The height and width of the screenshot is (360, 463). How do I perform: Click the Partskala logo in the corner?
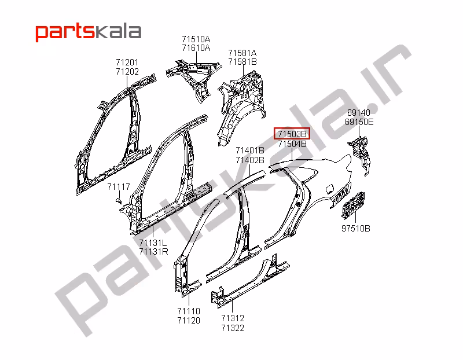click(89, 31)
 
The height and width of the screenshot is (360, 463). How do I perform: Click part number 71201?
click(127, 63)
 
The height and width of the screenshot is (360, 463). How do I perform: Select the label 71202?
click(127, 71)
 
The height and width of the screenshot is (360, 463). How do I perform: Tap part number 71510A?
click(196, 39)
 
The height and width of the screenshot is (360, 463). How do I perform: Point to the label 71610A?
click(196, 48)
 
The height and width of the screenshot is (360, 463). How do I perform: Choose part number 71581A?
click(242, 53)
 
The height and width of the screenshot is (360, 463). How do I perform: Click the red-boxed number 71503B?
click(292, 134)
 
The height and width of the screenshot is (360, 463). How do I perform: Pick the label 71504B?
click(292, 144)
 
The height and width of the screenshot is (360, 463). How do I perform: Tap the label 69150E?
click(360, 122)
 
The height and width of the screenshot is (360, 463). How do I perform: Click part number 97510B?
click(355, 228)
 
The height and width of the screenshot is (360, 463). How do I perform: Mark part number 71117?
click(118, 187)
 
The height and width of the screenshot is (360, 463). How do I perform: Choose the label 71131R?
click(153, 251)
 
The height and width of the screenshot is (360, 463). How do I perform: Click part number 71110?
click(189, 311)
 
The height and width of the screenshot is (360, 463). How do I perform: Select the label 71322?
click(232, 328)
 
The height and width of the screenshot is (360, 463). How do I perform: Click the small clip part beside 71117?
click(118, 200)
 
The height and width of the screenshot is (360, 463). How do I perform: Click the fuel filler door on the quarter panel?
click(327, 189)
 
